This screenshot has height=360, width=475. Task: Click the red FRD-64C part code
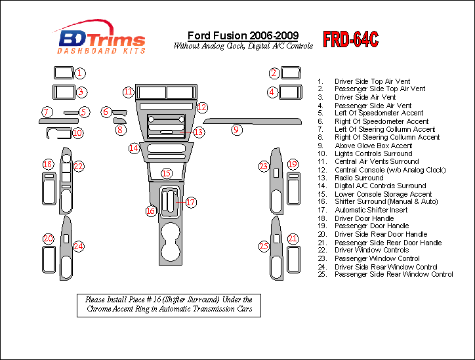pos(351,40)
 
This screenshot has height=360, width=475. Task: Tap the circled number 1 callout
pos(79,73)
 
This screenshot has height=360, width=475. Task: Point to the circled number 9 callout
pos(236,130)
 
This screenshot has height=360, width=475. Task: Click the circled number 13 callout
pos(198,132)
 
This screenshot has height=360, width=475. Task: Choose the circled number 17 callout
pos(190,202)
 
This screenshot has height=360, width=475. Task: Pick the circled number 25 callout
pos(264,247)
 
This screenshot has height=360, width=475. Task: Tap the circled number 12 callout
pos(202,107)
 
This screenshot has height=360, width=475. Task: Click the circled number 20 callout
pos(48,239)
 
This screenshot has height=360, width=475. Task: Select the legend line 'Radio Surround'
pos(359,178)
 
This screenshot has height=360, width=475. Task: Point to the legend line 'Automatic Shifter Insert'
pos(371,210)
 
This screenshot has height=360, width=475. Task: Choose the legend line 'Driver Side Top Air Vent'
pos(372,81)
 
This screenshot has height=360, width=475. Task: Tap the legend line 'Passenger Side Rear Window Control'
pos(394,274)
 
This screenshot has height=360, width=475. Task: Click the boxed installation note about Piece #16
pos(169,304)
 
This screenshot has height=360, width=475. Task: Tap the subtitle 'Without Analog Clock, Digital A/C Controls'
pos(243,46)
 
